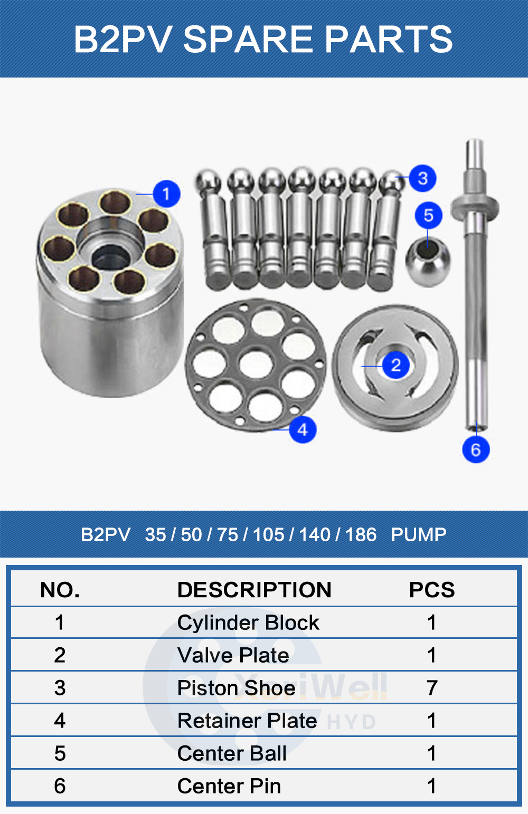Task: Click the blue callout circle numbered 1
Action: tap(166, 194)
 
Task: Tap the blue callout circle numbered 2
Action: tap(395, 365)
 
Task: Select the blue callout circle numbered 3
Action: tap(422, 178)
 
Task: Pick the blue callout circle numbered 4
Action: tap(303, 430)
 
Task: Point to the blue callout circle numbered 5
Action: tap(428, 215)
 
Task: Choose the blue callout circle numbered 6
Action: tap(476, 449)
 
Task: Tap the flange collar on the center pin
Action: tap(475, 208)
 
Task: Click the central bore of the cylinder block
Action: tap(110, 256)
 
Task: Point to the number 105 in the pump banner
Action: tap(268, 534)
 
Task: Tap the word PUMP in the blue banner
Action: tap(419, 534)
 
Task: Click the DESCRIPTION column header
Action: tap(254, 589)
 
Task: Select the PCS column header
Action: tap(431, 589)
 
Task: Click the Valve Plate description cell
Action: tap(233, 655)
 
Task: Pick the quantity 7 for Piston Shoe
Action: tap(431, 688)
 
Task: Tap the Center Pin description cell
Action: tap(229, 786)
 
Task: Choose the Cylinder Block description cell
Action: tap(248, 623)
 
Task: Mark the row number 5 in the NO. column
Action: tap(60, 753)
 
